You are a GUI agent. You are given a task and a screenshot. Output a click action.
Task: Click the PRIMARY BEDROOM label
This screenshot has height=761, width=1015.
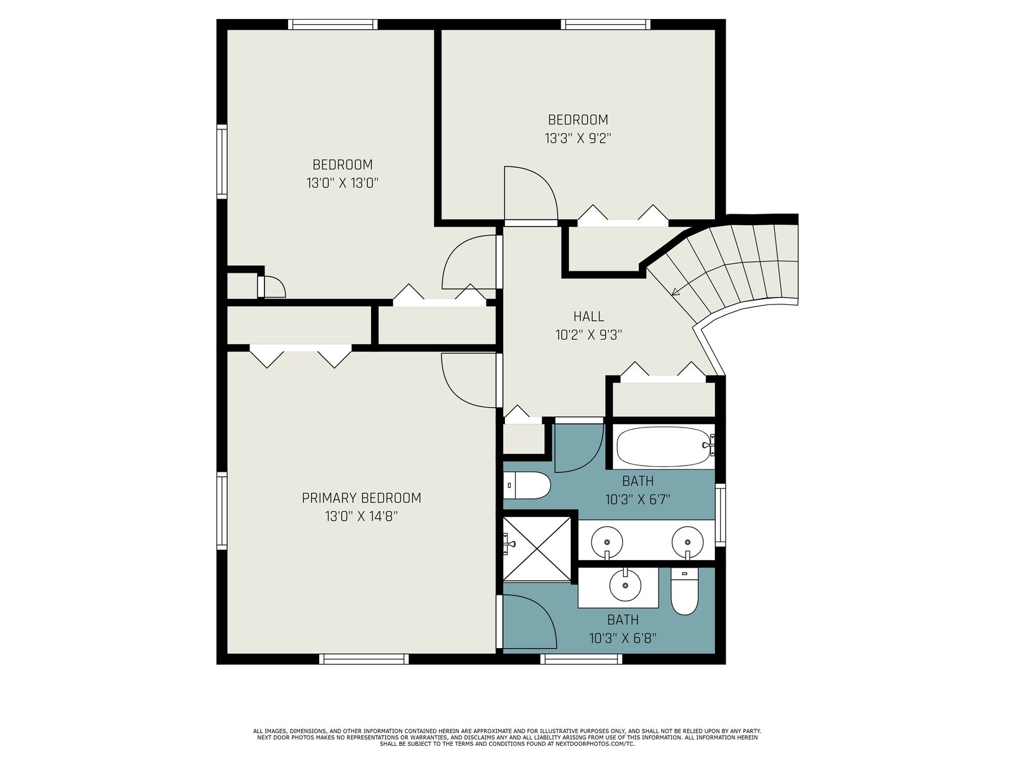tap(361, 498)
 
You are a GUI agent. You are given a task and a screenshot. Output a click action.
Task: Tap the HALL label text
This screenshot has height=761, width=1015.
tap(589, 316)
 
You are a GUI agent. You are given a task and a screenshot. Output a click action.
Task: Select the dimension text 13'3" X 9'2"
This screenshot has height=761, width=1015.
tap(578, 139)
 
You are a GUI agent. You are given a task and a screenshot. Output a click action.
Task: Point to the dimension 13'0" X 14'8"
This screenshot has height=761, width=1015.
tap(361, 516)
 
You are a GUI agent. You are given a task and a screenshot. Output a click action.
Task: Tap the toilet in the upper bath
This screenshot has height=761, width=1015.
tap(527, 485)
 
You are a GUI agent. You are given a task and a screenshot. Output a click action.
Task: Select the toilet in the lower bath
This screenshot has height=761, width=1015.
tap(684, 592)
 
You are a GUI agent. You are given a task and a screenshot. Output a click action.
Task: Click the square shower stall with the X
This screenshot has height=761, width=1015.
tap(537, 549)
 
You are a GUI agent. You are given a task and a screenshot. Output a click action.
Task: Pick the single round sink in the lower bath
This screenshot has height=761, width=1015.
tap(625, 585)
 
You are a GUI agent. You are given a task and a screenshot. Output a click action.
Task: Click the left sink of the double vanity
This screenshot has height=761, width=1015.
tap(606, 542)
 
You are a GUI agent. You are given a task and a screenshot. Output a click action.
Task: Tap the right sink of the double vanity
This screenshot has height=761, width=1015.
tap(688, 542)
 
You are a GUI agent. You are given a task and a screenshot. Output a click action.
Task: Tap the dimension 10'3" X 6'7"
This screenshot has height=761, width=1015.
tap(638, 500)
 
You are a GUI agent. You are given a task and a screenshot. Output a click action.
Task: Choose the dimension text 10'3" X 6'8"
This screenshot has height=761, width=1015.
tap(623, 639)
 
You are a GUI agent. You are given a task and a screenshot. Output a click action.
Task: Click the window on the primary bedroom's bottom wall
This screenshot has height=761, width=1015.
tap(364, 659)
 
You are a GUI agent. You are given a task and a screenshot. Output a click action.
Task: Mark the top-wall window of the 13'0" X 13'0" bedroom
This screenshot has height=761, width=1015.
tap(332, 25)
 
